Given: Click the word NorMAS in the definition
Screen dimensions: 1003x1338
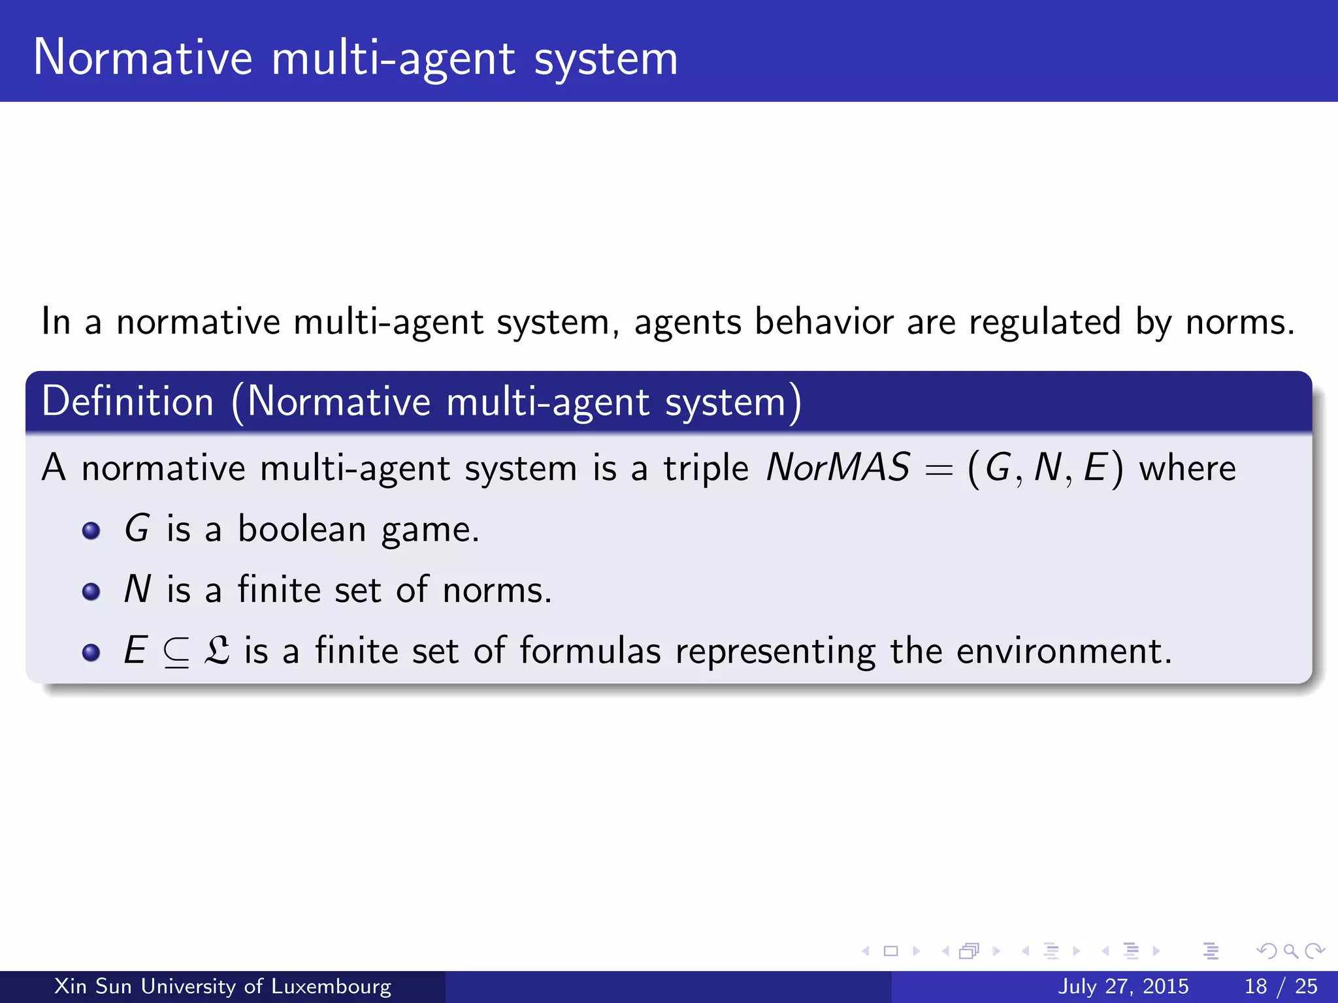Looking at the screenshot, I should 838,468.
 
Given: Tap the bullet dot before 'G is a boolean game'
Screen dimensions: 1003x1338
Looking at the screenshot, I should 91,531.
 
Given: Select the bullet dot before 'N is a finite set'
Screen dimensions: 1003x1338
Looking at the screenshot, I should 91,592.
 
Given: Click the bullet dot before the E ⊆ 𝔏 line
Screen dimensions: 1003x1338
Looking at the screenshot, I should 91,652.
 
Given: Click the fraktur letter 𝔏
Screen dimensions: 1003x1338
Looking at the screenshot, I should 217,651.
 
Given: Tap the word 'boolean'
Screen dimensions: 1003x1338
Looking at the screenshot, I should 302,528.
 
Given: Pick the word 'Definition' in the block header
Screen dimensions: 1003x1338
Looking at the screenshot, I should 128,401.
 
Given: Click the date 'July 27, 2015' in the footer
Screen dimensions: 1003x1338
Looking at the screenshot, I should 1123,986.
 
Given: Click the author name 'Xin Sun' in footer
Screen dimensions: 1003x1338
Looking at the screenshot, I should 93,986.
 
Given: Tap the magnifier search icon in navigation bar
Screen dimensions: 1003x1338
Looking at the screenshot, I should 1290,951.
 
